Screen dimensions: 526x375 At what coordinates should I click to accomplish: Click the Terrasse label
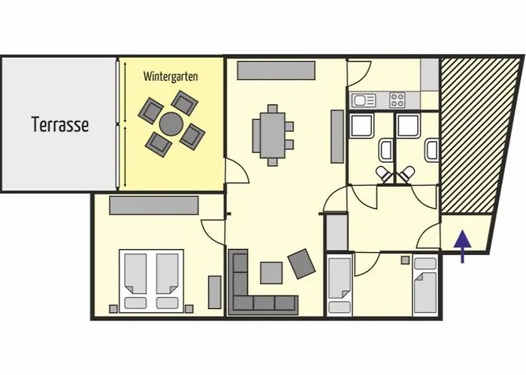tap(60, 124)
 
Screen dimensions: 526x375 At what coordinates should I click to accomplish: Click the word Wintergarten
tap(171, 76)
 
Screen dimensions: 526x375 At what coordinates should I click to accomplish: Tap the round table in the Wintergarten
tap(171, 124)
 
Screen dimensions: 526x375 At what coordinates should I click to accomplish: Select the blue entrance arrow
tap(463, 246)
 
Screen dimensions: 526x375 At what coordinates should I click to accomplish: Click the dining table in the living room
tap(273, 135)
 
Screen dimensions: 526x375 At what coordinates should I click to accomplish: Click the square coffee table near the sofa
tap(271, 273)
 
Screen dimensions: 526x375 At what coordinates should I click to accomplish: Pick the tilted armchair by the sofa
tap(301, 264)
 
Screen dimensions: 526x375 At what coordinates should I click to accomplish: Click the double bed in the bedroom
tap(152, 281)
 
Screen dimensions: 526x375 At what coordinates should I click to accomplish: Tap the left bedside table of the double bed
tap(113, 309)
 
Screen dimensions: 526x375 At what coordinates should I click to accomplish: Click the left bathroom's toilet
tap(383, 174)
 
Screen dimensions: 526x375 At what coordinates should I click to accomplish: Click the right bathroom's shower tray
tap(408, 125)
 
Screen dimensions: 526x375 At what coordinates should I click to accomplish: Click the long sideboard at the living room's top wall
tap(276, 70)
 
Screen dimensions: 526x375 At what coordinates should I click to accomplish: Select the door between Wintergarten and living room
tap(236, 171)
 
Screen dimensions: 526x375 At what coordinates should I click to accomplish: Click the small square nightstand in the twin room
tap(406, 260)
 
